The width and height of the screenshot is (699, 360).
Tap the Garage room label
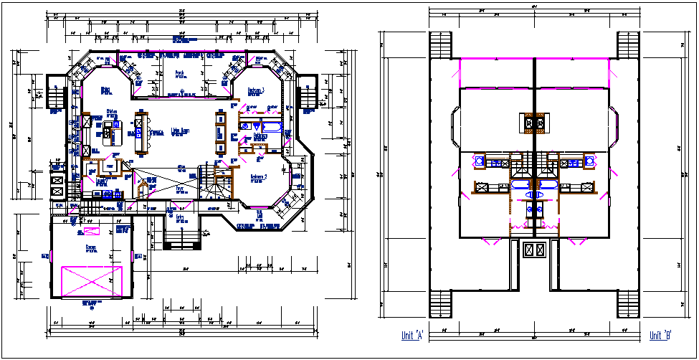[x=92, y=247]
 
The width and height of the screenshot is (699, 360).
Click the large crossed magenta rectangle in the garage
[x=92, y=280]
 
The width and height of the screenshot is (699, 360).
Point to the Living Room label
[x=180, y=131]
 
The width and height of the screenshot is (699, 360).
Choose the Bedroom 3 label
[x=257, y=90]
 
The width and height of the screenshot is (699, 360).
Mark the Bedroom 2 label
[x=258, y=177]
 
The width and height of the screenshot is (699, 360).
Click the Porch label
[x=180, y=72]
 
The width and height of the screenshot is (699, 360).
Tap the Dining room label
[x=105, y=90]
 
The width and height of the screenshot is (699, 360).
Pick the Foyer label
[x=180, y=189]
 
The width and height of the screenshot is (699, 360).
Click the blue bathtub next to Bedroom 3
[x=259, y=123]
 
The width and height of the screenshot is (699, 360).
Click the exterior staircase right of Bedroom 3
[x=307, y=93]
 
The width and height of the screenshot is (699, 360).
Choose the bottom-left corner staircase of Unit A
[x=439, y=303]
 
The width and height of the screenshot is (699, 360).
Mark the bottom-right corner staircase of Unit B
[x=629, y=303]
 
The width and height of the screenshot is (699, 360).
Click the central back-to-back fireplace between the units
[x=534, y=123]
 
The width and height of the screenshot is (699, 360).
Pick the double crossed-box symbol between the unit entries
[x=534, y=250]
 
